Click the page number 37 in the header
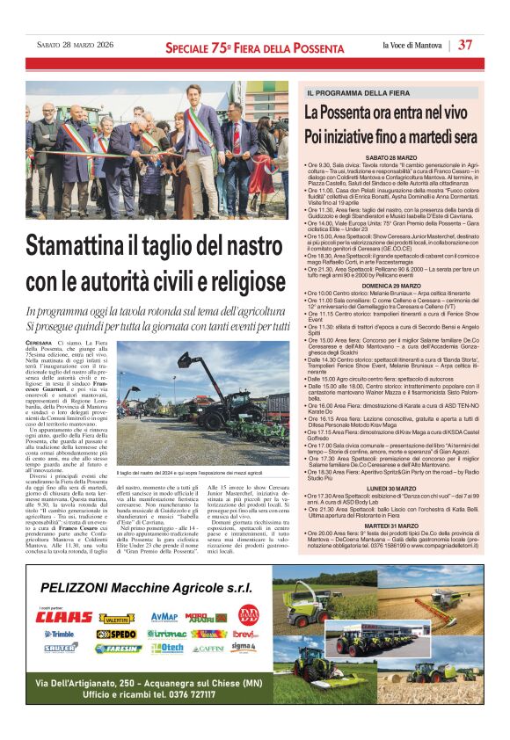coord(466,45)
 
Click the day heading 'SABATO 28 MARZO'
coord(392,156)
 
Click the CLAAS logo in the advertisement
coord(63,617)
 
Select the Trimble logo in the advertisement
coord(60,633)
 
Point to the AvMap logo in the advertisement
coord(164,617)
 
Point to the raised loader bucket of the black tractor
coord(187,363)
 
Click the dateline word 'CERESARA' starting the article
coord(39,342)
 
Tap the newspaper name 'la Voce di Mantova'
coord(412,45)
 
